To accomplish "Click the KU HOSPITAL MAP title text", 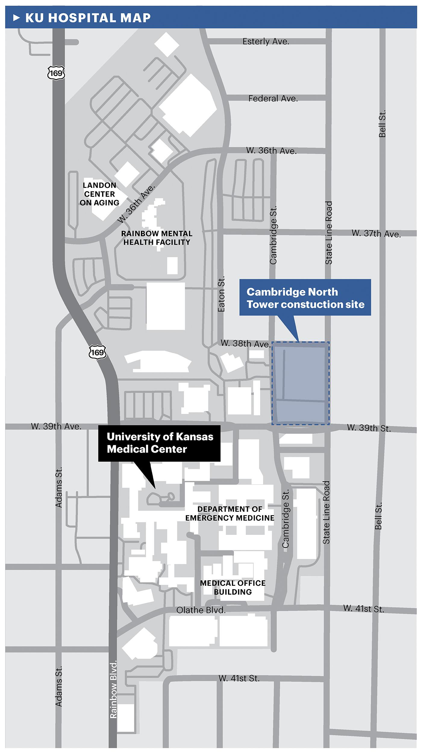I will point(88,18).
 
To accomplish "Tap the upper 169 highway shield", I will point(56,73).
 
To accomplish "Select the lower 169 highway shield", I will point(97,352).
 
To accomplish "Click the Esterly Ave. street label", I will point(266,41).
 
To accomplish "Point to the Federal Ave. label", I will point(273,98).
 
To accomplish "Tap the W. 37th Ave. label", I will point(376,233).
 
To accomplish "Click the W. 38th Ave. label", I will point(245,343).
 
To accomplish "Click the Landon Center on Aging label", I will point(99,194).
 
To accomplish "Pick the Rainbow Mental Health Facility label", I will point(157,238).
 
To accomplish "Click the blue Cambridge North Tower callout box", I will point(305,298).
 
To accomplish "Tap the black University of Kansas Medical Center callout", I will point(159,443).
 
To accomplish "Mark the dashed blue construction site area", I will point(300,383).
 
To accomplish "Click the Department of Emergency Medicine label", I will point(230,514).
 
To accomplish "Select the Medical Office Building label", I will point(233,588).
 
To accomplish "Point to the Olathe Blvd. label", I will point(201,610).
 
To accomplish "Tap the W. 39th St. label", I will point(369,428).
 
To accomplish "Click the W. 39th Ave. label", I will point(56,426).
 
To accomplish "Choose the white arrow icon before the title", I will point(16,18).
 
